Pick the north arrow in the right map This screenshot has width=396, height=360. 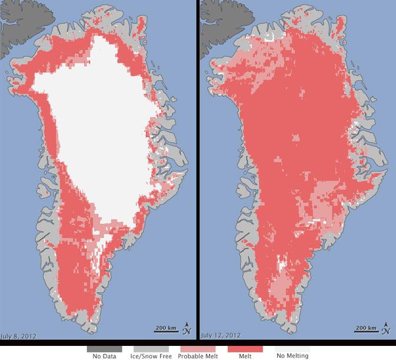(387, 327)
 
